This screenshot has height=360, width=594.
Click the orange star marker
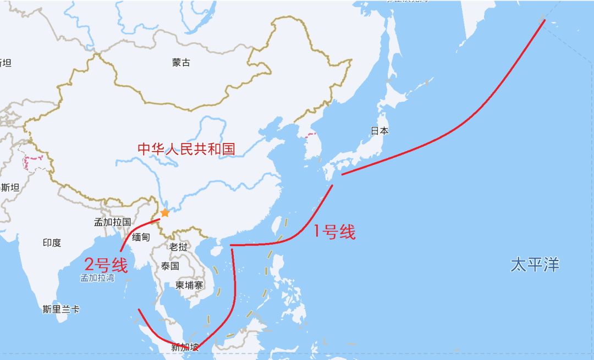point(165,213)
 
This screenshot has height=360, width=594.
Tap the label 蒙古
point(181,63)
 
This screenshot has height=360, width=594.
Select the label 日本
point(380,131)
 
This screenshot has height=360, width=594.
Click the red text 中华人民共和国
point(186,149)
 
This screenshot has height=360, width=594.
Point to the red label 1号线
point(334,232)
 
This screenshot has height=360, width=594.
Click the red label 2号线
point(106,265)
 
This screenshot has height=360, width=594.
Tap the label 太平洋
point(535,265)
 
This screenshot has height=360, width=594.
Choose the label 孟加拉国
point(112,223)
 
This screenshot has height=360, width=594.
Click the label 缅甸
point(141,237)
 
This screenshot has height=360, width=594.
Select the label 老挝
point(178,247)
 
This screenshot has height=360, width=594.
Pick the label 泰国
point(170,266)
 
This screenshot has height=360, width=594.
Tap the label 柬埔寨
point(190,285)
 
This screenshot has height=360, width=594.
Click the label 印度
point(52,242)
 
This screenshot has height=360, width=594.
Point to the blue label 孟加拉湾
point(97,278)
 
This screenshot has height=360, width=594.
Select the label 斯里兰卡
point(61,309)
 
